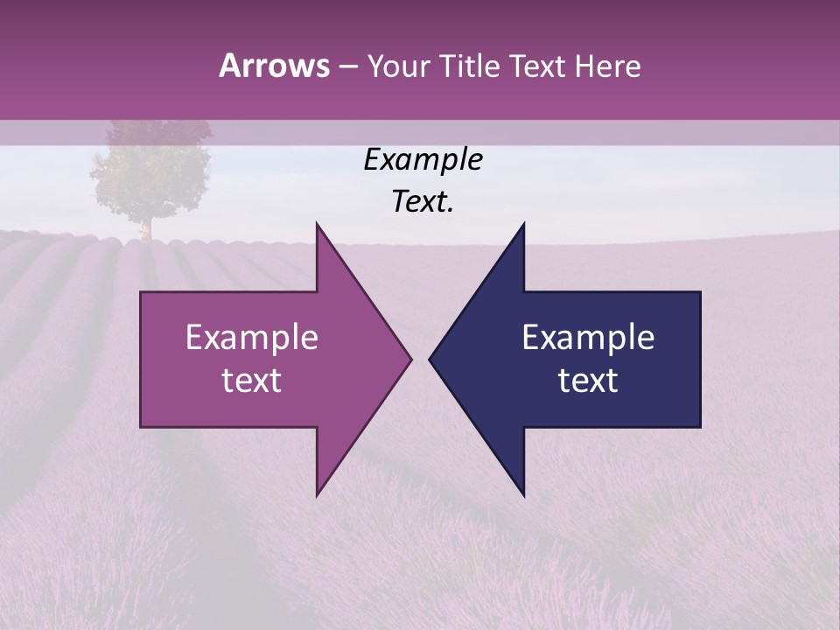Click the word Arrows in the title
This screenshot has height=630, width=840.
pyautogui.click(x=274, y=66)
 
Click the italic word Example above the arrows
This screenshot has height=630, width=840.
pyautogui.click(x=423, y=160)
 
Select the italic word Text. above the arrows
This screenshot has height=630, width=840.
pyautogui.click(x=423, y=202)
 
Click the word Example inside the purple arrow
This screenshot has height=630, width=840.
pyautogui.click(x=252, y=338)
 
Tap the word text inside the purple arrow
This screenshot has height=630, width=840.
pyautogui.click(x=252, y=381)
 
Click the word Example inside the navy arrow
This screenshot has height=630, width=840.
pyautogui.click(x=588, y=338)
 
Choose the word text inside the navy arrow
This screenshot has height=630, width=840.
pyautogui.click(x=588, y=381)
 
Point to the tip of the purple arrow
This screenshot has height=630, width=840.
pyautogui.click(x=409, y=359)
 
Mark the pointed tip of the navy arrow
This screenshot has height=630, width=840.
pyautogui.click(x=430, y=359)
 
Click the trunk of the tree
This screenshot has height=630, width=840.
pyautogui.click(x=146, y=228)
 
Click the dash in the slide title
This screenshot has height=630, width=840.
pyautogui.click(x=347, y=66)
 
